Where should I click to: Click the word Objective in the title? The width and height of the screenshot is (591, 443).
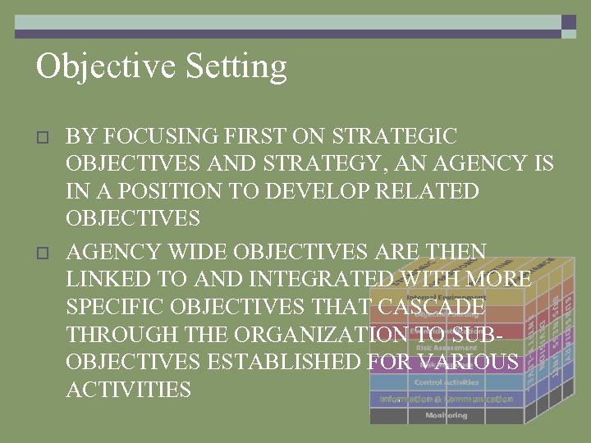click(98, 66)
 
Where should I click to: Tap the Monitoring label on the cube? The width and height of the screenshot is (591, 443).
click(446, 415)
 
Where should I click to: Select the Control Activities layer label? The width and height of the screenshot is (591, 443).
click(446, 382)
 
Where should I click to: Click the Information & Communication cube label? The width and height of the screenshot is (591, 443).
click(446, 399)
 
